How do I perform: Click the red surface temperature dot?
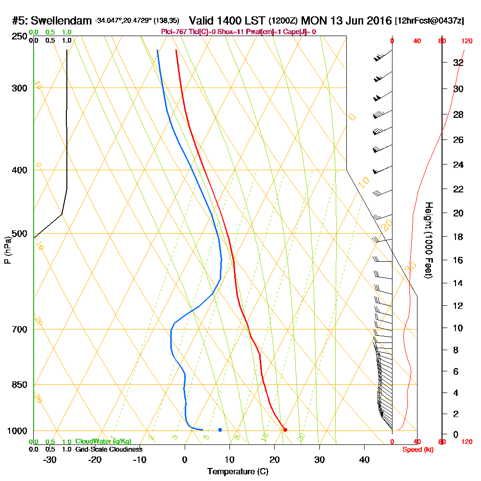coord(285,430)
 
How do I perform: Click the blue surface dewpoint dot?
coord(220,430)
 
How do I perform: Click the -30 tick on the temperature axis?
coord(50,459)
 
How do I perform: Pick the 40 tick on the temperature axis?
coord(364,459)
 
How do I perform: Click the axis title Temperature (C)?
coord(238,472)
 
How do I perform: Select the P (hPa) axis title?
coord(7,250)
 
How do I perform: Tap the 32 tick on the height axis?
coord(458,63)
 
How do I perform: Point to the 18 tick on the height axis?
coord(458,237)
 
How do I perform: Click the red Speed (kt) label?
coord(417,449)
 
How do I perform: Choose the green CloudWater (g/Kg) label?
coord(103,442)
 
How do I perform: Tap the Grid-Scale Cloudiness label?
coord(109,449)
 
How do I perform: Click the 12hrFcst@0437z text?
coord(430,21)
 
